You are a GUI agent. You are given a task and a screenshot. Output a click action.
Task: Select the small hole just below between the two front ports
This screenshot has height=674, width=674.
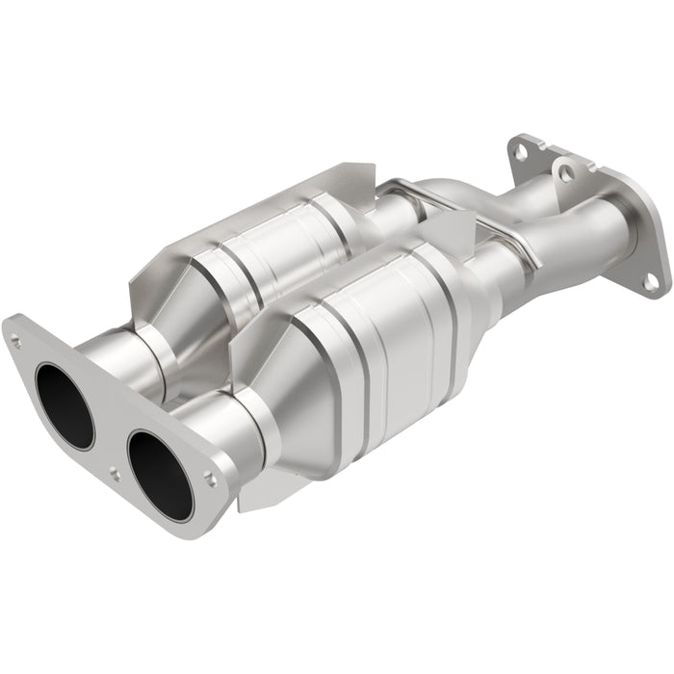115,474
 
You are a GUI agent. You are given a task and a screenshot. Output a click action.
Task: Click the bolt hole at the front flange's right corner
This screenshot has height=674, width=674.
211,475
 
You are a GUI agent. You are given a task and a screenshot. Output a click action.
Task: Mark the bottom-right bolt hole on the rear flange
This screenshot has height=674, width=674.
651,280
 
